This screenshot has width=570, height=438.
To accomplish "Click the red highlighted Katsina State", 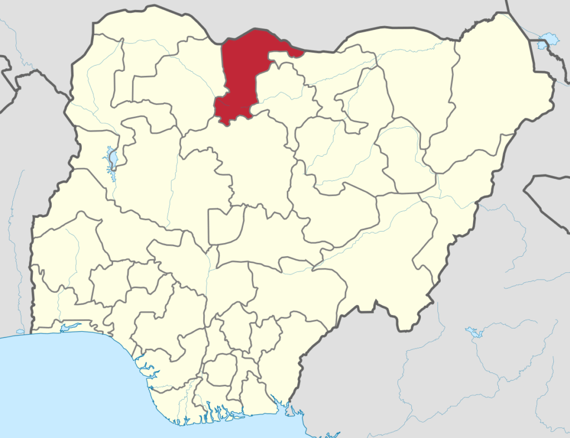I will [x=242, y=72].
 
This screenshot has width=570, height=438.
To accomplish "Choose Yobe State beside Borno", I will [x=417, y=83].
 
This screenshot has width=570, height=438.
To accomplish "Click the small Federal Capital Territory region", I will [x=225, y=225].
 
